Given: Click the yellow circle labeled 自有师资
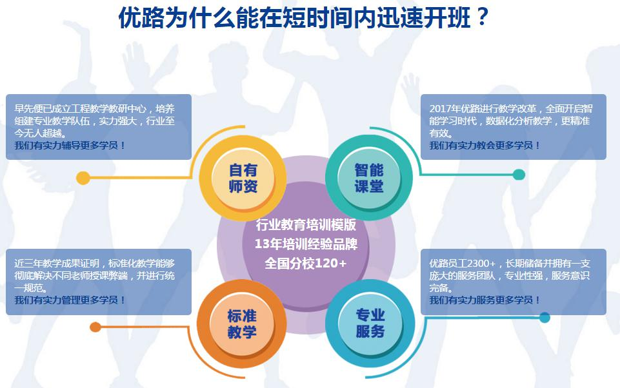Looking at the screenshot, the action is click(243, 178).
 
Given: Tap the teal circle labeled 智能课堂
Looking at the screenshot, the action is click(369, 178).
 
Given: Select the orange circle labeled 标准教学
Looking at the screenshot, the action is click(241, 323).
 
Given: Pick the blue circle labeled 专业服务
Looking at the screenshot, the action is click(370, 323).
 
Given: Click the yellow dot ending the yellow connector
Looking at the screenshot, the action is click(83, 178).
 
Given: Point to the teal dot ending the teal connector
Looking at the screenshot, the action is click(519, 174).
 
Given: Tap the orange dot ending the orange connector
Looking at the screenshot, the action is click(95, 327).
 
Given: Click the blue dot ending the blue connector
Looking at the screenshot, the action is click(545, 317).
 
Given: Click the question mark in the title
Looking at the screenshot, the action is click(481, 17).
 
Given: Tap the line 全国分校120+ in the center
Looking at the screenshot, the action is click(305, 263).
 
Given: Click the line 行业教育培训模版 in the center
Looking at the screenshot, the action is click(306, 224).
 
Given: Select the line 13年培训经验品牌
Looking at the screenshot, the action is click(306, 244).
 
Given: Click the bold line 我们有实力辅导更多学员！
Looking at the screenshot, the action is click(70, 146).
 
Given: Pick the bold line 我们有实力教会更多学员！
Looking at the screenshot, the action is click(485, 146).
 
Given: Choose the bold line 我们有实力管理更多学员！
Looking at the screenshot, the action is click(70, 300).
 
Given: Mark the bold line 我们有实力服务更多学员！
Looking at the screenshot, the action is click(485, 300).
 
